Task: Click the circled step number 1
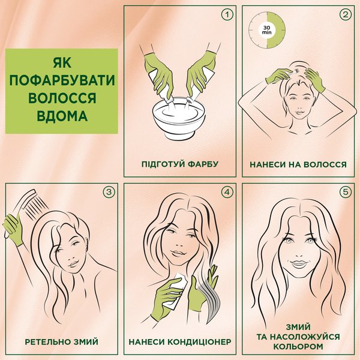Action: coord(227,15)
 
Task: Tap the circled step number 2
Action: coord(346,15)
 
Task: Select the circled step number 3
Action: coord(109,192)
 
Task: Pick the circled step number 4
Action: coord(227,192)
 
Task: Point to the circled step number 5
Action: coord(346,192)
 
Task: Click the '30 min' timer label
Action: coord(266,30)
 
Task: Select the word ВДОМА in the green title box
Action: coord(62,116)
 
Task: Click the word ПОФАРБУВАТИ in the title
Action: coord(62,80)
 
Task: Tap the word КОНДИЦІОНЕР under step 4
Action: coord(199,341)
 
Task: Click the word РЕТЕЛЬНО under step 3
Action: coord(48,342)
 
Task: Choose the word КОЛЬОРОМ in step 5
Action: coord(298,346)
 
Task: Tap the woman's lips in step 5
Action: coord(298,263)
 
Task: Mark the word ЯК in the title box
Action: coord(62,62)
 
